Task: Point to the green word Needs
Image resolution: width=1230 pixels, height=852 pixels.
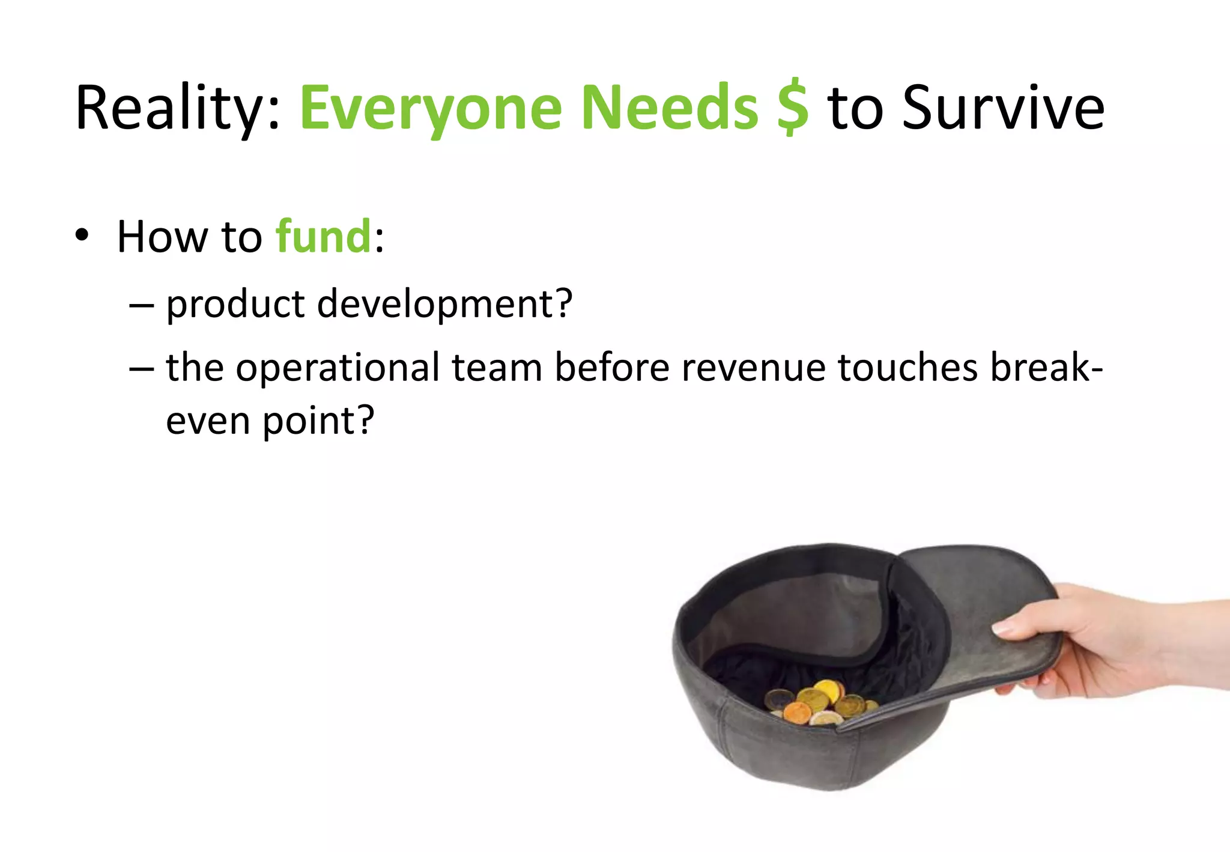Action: tap(670, 108)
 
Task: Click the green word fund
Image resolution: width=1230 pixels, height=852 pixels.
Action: tap(324, 237)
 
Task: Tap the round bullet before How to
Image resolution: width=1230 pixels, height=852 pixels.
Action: tap(82, 235)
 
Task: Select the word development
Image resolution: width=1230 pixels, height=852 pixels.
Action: tap(444, 303)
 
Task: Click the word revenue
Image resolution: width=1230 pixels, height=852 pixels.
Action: tap(754, 368)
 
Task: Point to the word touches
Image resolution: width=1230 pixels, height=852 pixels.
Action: tap(907, 367)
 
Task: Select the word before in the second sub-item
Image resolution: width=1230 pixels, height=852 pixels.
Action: tap(611, 367)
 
